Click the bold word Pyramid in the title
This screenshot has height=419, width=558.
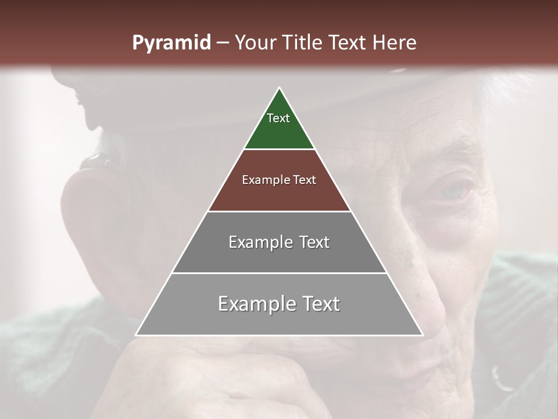(x=171, y=43)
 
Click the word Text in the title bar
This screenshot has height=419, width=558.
(x=348, y=43)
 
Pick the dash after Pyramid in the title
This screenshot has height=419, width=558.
(x=222, y=43)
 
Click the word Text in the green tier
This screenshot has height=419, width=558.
(x=278, y=118)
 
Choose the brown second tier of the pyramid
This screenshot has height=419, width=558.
(x=279, y=192)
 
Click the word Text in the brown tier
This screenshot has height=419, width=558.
(x=305, y=180)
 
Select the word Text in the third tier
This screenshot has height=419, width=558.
(x=314, y=242)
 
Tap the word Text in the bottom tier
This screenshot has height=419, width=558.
(x=321, y=304)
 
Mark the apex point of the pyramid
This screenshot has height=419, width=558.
(x=279, y=88)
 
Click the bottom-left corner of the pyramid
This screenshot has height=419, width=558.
(x=136, y=335)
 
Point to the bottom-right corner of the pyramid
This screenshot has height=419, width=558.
(x=423, y=335)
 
